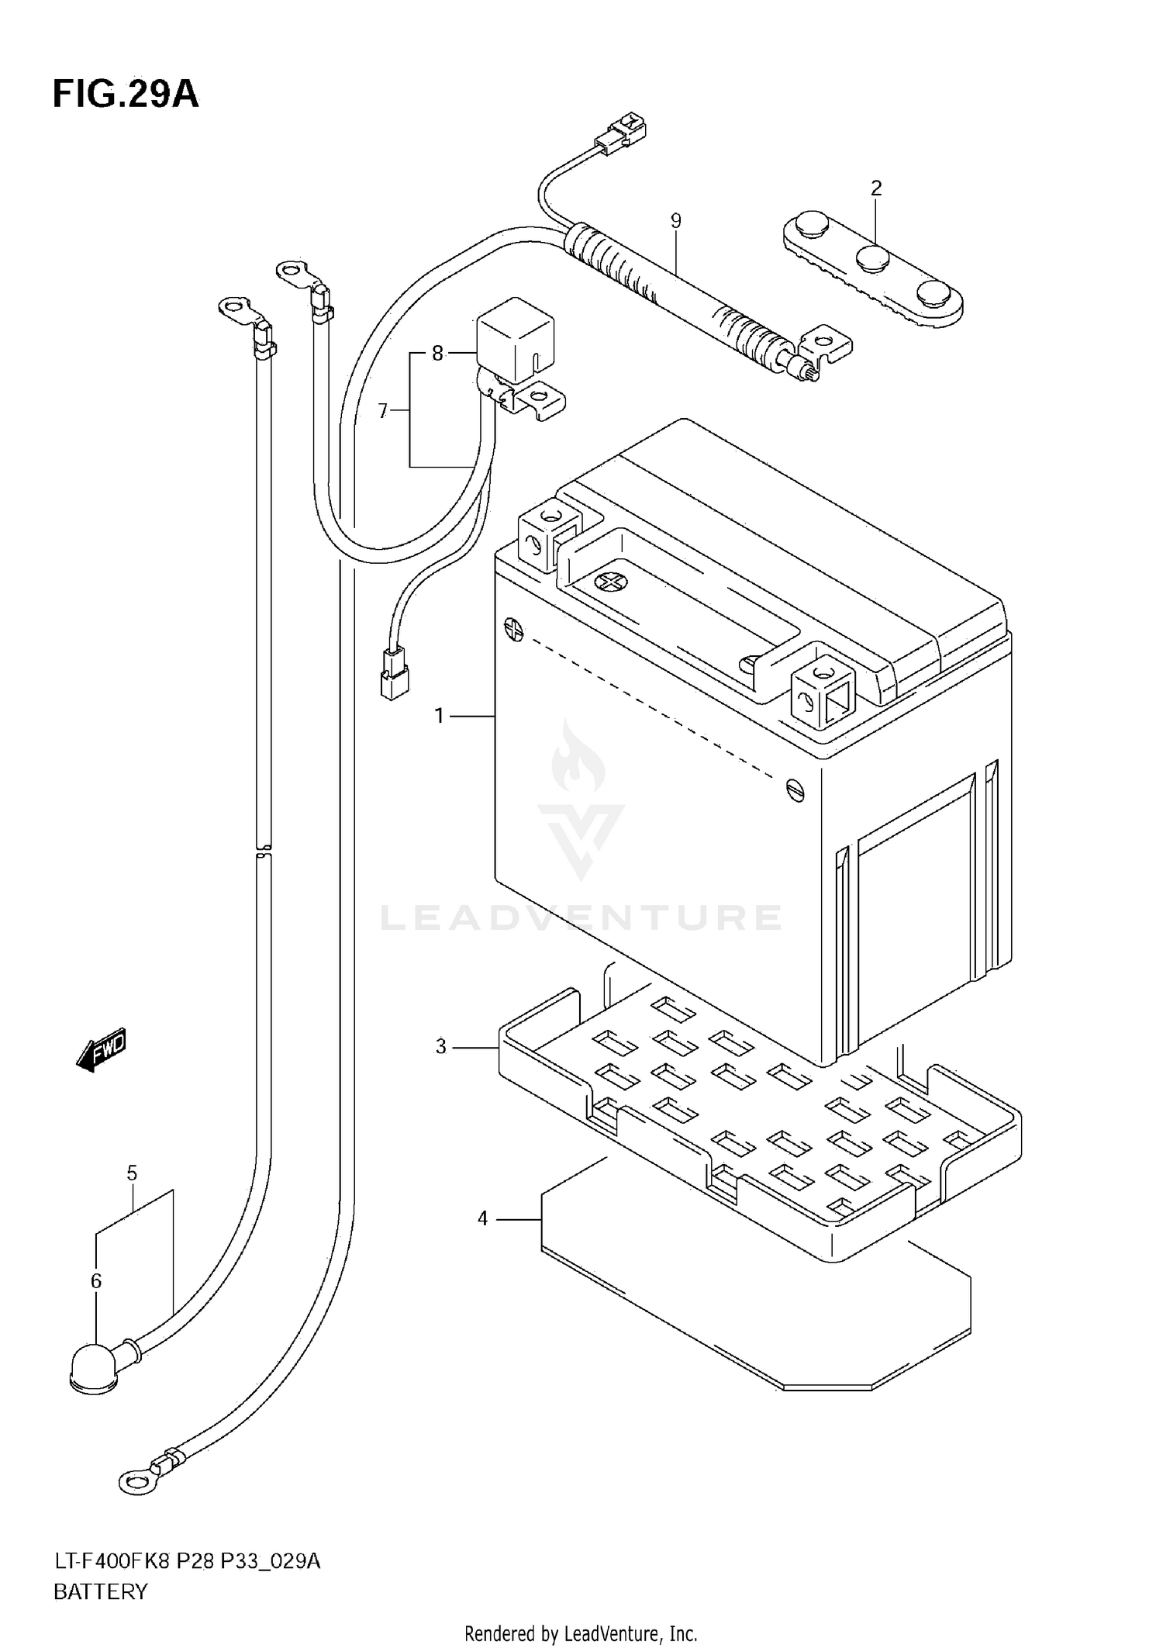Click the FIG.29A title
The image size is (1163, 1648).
[126, 95]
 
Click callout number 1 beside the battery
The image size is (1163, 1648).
[439, 716]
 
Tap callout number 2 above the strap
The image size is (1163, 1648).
[876, 188]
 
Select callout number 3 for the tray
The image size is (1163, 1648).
[440, 1047]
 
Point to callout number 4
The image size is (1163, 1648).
[482, 1219]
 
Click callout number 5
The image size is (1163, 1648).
[132, 1173]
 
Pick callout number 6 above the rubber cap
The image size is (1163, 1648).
[96, 1281]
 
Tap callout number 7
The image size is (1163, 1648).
[382, 411]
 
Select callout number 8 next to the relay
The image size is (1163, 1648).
[437, 354]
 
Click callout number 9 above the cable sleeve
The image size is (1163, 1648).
[675, 221]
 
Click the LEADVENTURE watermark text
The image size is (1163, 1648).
[581, 917]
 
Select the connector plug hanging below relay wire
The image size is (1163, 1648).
[395, 673]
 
